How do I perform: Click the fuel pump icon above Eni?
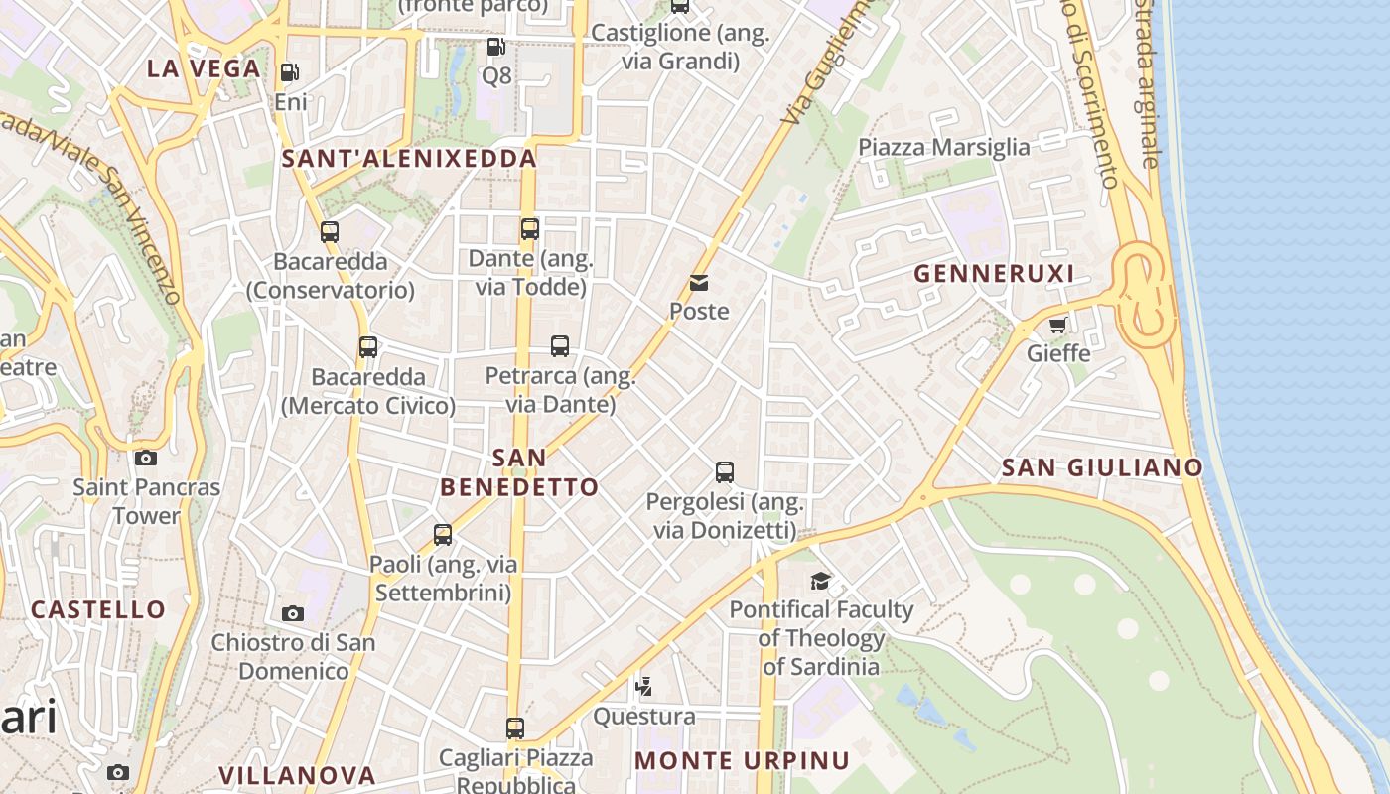tap(289, 72)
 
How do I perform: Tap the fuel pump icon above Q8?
tap(495, 47)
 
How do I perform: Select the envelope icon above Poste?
tap(699, 283)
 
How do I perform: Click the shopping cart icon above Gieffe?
tap(1058, 325)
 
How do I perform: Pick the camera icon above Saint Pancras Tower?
tap(146, 458)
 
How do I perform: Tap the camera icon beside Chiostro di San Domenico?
tap(292, 613)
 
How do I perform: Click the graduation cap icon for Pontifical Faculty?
tap(820, 581)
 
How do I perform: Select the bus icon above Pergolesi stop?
tap(725, 472)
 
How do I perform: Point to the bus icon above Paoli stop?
tap(443, 535)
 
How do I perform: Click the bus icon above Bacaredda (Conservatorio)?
tap(330, 233)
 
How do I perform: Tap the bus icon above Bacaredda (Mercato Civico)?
tap(368, 347)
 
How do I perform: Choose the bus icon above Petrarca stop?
tap(560, 346)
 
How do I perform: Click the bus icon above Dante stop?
tap(530, 229)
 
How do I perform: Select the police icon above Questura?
tap(644, 686)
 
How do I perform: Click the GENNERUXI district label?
tap(994, 274)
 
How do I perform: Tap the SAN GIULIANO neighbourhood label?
tap(1102, 467)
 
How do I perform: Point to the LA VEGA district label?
tap(204, 68)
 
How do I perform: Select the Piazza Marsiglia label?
tap(944, 148)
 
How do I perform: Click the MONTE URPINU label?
tap(742, 761)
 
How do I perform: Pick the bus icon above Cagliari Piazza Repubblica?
tap(514, 728)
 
